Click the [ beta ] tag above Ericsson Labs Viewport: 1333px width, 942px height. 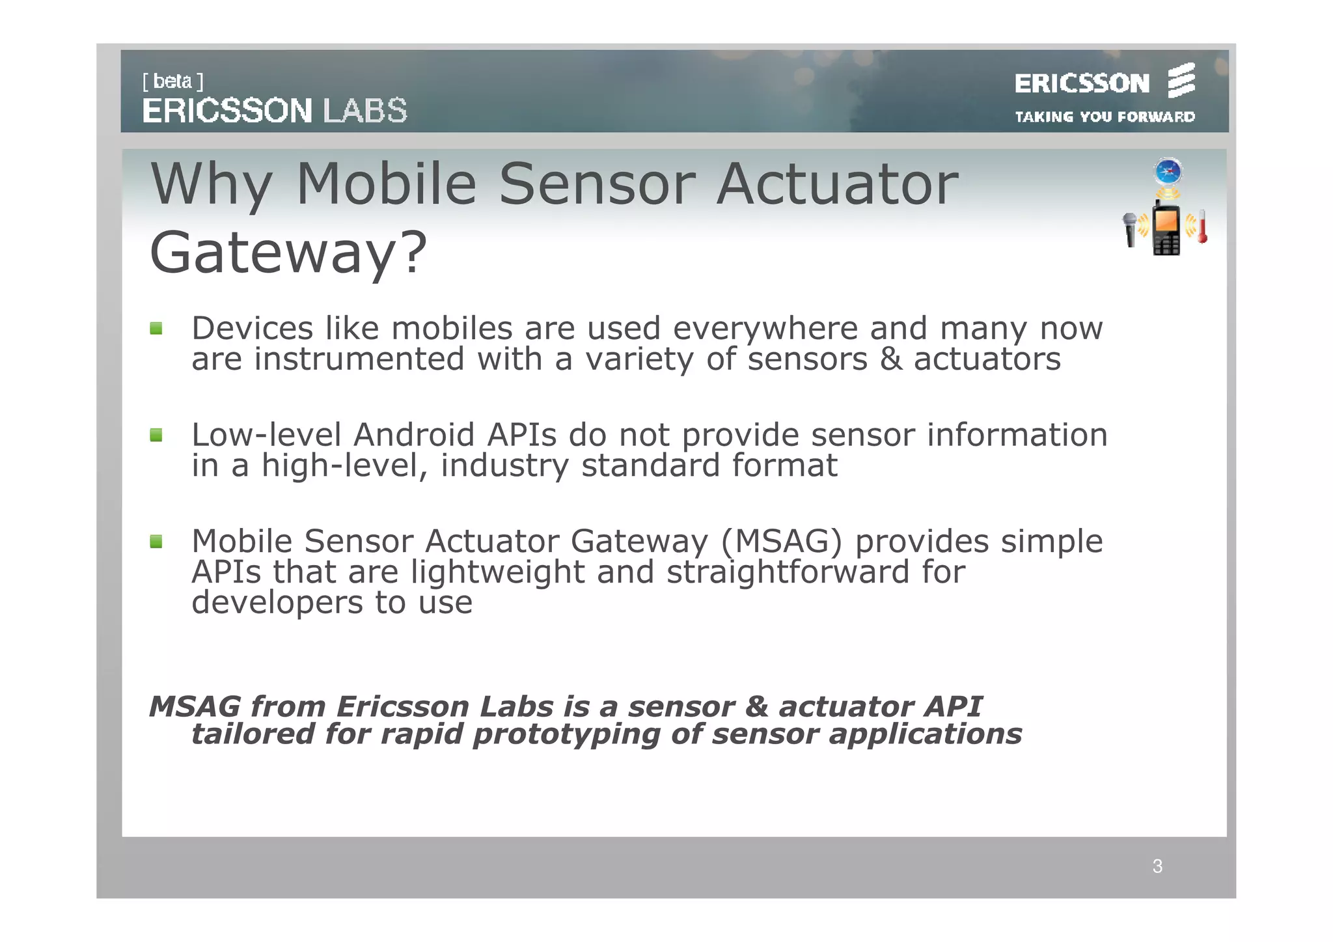point(172,81)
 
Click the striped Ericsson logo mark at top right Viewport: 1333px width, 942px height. point(1181,81)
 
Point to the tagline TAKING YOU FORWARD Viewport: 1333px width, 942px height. point(1105,117)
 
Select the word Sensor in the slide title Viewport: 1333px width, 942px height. point(596,184)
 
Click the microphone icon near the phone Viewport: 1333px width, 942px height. point(1131,229)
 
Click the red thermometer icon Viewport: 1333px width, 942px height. point(1202,227)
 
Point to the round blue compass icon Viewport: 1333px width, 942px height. point(1168,172)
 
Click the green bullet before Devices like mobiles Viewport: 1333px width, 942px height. point(156,328)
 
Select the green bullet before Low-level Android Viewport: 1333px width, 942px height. point(156,435)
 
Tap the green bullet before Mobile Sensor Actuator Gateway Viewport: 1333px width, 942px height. point(156,541)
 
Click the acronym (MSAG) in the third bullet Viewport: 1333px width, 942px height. point(781,541)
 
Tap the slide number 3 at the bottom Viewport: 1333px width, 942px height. point(1157,866)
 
